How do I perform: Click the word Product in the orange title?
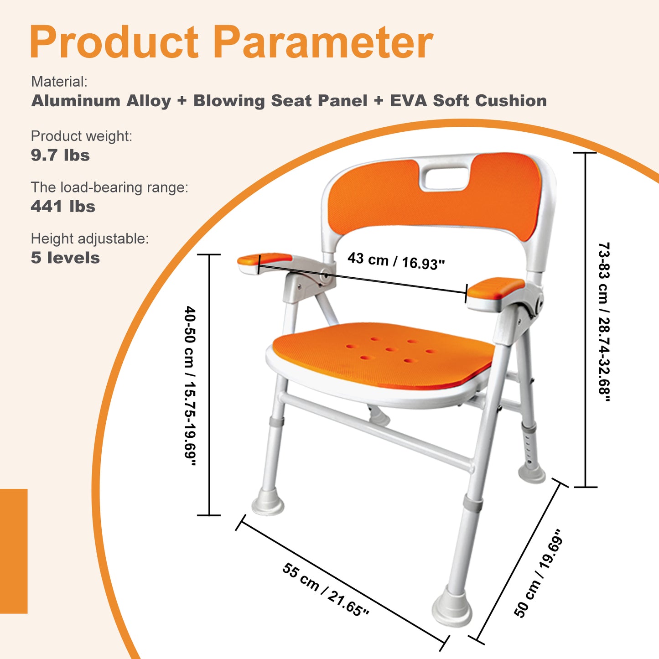[x=114, y=42]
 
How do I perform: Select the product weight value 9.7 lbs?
[x=60, y=155]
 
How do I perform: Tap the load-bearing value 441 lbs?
[x=63, y=207]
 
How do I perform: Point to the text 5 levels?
[x=65, y=258]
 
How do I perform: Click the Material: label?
[x=59, y=82]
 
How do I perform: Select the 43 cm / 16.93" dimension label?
[x=396, y=261]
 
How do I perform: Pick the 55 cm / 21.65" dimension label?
[x=326, y=589]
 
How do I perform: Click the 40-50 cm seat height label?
[x=190, y=385]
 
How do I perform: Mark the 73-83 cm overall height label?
[x=604, y=322]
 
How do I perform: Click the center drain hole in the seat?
[x=391, y=350]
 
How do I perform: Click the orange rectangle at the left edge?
[x=14, y=551]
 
